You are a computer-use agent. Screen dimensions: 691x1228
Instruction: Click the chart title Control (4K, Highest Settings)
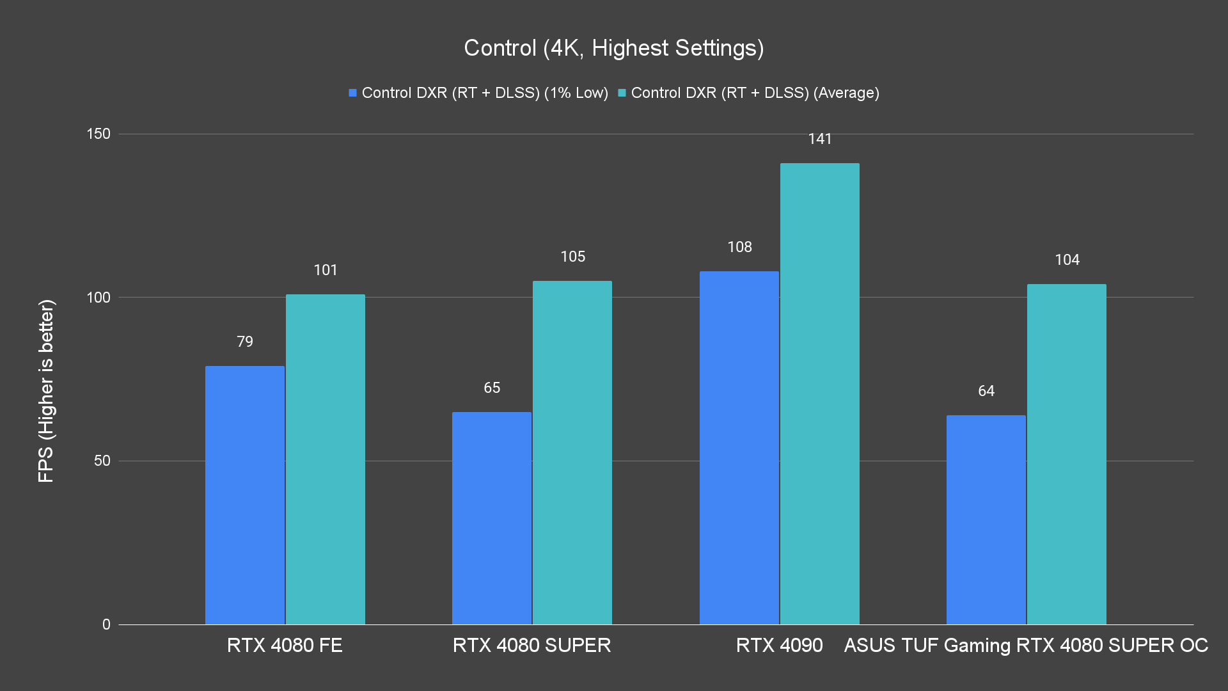(x=613, y=48)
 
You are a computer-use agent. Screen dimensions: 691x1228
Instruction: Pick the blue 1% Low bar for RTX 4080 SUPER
(x=491, y=518)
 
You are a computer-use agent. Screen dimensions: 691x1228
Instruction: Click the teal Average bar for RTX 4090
(x=819, y=393)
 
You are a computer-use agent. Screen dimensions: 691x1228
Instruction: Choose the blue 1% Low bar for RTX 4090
(x=739, y=447)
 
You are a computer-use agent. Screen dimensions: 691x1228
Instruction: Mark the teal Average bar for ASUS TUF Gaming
(x=1066, y=454)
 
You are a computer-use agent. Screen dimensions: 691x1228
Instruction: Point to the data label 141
(x=819, y=139)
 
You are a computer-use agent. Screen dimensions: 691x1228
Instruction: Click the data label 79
(x=245, y=342)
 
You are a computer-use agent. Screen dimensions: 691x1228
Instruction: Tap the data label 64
(x=986, y=391)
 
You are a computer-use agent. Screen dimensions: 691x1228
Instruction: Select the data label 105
(x=572, y=257)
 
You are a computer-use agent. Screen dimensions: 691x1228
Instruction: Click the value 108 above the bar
(x=739, y=247)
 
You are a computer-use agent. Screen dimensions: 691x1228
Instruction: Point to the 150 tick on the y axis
(x=98, y=134)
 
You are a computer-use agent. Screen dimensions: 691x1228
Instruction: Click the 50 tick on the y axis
(x=102, y=461)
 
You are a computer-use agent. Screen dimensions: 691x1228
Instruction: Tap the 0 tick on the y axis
(x=106, y=624)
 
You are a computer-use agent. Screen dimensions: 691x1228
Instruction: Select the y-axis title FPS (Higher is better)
(x=46, y=390)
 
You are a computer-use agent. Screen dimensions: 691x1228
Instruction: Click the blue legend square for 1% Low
(x=352, y=93)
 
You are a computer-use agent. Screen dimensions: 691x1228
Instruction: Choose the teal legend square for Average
(x=622, y=93)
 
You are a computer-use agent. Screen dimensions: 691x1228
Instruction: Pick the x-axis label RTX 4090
(x=779, y=645)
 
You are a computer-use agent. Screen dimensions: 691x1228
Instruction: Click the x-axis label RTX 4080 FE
(x=285, y=645)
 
